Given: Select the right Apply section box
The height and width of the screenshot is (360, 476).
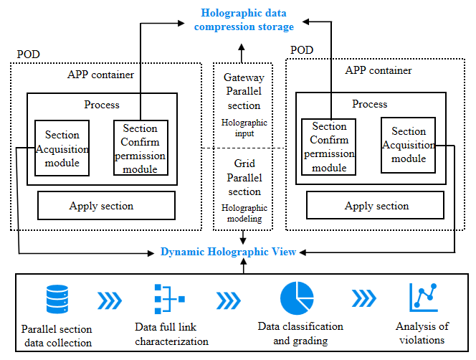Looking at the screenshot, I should [376, 206].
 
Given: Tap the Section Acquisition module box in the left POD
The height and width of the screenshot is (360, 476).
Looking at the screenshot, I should [62, 148].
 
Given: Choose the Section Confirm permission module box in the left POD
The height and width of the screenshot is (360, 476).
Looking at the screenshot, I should [141, 148].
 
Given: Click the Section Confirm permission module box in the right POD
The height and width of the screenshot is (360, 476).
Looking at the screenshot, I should [329, 147].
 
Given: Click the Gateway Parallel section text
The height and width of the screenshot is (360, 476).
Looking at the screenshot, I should [244, 91].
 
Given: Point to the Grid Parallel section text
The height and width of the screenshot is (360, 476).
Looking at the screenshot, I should [244, 178].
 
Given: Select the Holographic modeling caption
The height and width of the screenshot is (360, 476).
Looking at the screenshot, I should [244, 213].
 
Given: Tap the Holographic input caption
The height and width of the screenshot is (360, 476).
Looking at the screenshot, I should [244, 127].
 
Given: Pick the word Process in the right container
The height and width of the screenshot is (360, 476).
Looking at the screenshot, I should [370, 104].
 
